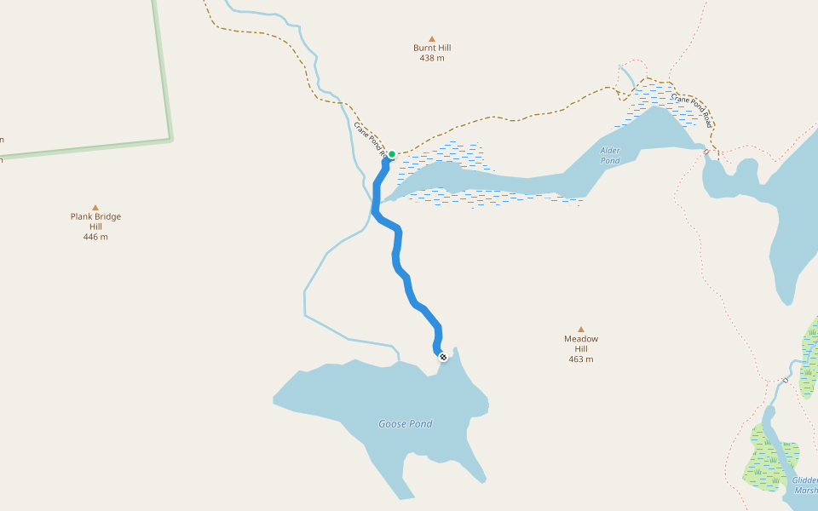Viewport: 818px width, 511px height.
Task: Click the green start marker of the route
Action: point(392,154)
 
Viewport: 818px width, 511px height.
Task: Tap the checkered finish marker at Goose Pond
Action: point(442,356)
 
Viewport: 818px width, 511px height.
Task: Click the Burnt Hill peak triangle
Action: point(432,38)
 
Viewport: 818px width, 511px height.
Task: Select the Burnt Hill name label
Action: point(432,49)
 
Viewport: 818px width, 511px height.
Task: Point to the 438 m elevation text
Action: point(432,59)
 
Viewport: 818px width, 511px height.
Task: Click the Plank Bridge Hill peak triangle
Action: point(95,207)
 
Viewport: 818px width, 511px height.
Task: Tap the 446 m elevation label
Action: point(95,237)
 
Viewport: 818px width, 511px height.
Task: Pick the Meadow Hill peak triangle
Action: point(581,329)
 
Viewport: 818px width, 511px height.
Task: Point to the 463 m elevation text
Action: point(581,359)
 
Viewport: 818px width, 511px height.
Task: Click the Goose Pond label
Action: point(406,424)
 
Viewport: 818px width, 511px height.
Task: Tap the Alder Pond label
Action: point(610,155)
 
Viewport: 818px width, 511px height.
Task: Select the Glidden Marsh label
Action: point(805,485)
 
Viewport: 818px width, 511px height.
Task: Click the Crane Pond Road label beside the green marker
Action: point(370,139)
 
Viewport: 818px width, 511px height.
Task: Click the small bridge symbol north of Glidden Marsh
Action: point(786,379)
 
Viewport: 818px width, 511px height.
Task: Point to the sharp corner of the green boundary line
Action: point(170,137)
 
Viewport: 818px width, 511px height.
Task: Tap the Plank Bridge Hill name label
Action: point(95,221)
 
